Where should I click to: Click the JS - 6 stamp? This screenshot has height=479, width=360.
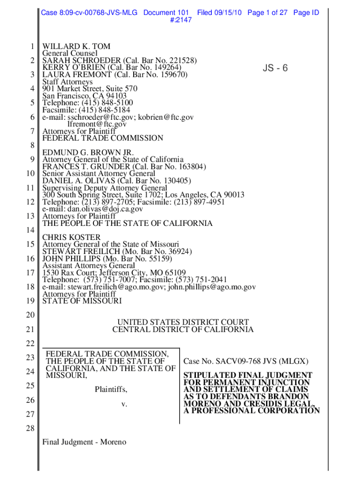click(x=275, y=69)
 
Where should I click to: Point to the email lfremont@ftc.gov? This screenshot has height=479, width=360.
click(x=97, y=124)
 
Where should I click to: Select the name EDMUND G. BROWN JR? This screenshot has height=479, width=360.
click(x=88, y=152)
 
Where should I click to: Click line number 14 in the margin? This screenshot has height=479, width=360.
click(x=31, y=230)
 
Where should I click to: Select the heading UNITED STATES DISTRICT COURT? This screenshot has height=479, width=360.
click(x=183, y=322)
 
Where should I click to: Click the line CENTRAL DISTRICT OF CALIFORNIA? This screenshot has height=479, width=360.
click(x=183, y=330)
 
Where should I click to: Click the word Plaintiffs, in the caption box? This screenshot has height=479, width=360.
click(x=111, y=389)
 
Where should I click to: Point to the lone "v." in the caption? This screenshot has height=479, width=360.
click(x=124, y=404)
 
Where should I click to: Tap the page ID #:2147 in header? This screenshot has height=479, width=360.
click(x=179, y=21)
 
